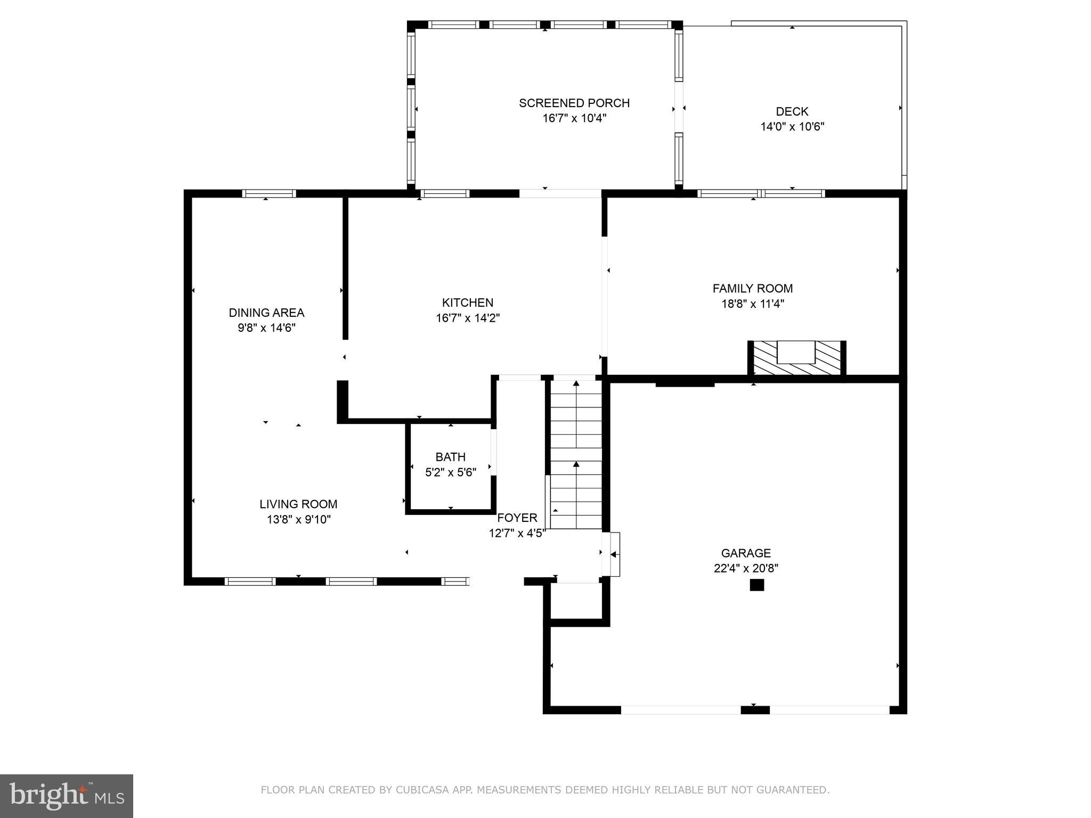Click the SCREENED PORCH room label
pyautogui.click(x=574, y=103)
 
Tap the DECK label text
pyautogui.click(x=792, y=111)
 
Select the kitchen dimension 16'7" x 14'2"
pyautogui.click(x=467, y=318)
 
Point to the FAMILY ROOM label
pyautogui.click(x=752, y=289)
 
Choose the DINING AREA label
pyautogui.click(x=266, y=313)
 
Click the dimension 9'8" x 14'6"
pyautogui.click(x=266, y=328)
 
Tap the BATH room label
pyautogui.click(x=450, y=457)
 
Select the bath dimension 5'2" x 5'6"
pyautogui.click(x=450, y=472)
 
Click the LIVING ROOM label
pyautogui.click(x=298, y=504)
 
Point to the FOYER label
pyautogui.click(x=517, y=518)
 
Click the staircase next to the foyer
pyautogui.click(x=576, y=453)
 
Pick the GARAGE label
pyautogui.click(x=746, y=553)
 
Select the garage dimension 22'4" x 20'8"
pyautogui.click(x=746, y=568)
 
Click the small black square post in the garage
pyautogui.click(x=756, y=585)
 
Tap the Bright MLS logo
pyautogui.click(x=67, y=796)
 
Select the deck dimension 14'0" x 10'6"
pyautogui.click(x=792, y=127)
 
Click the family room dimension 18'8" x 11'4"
pyautogui.click(x=752, y=304)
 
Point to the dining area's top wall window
pyautogui.click(x=268, y=194)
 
